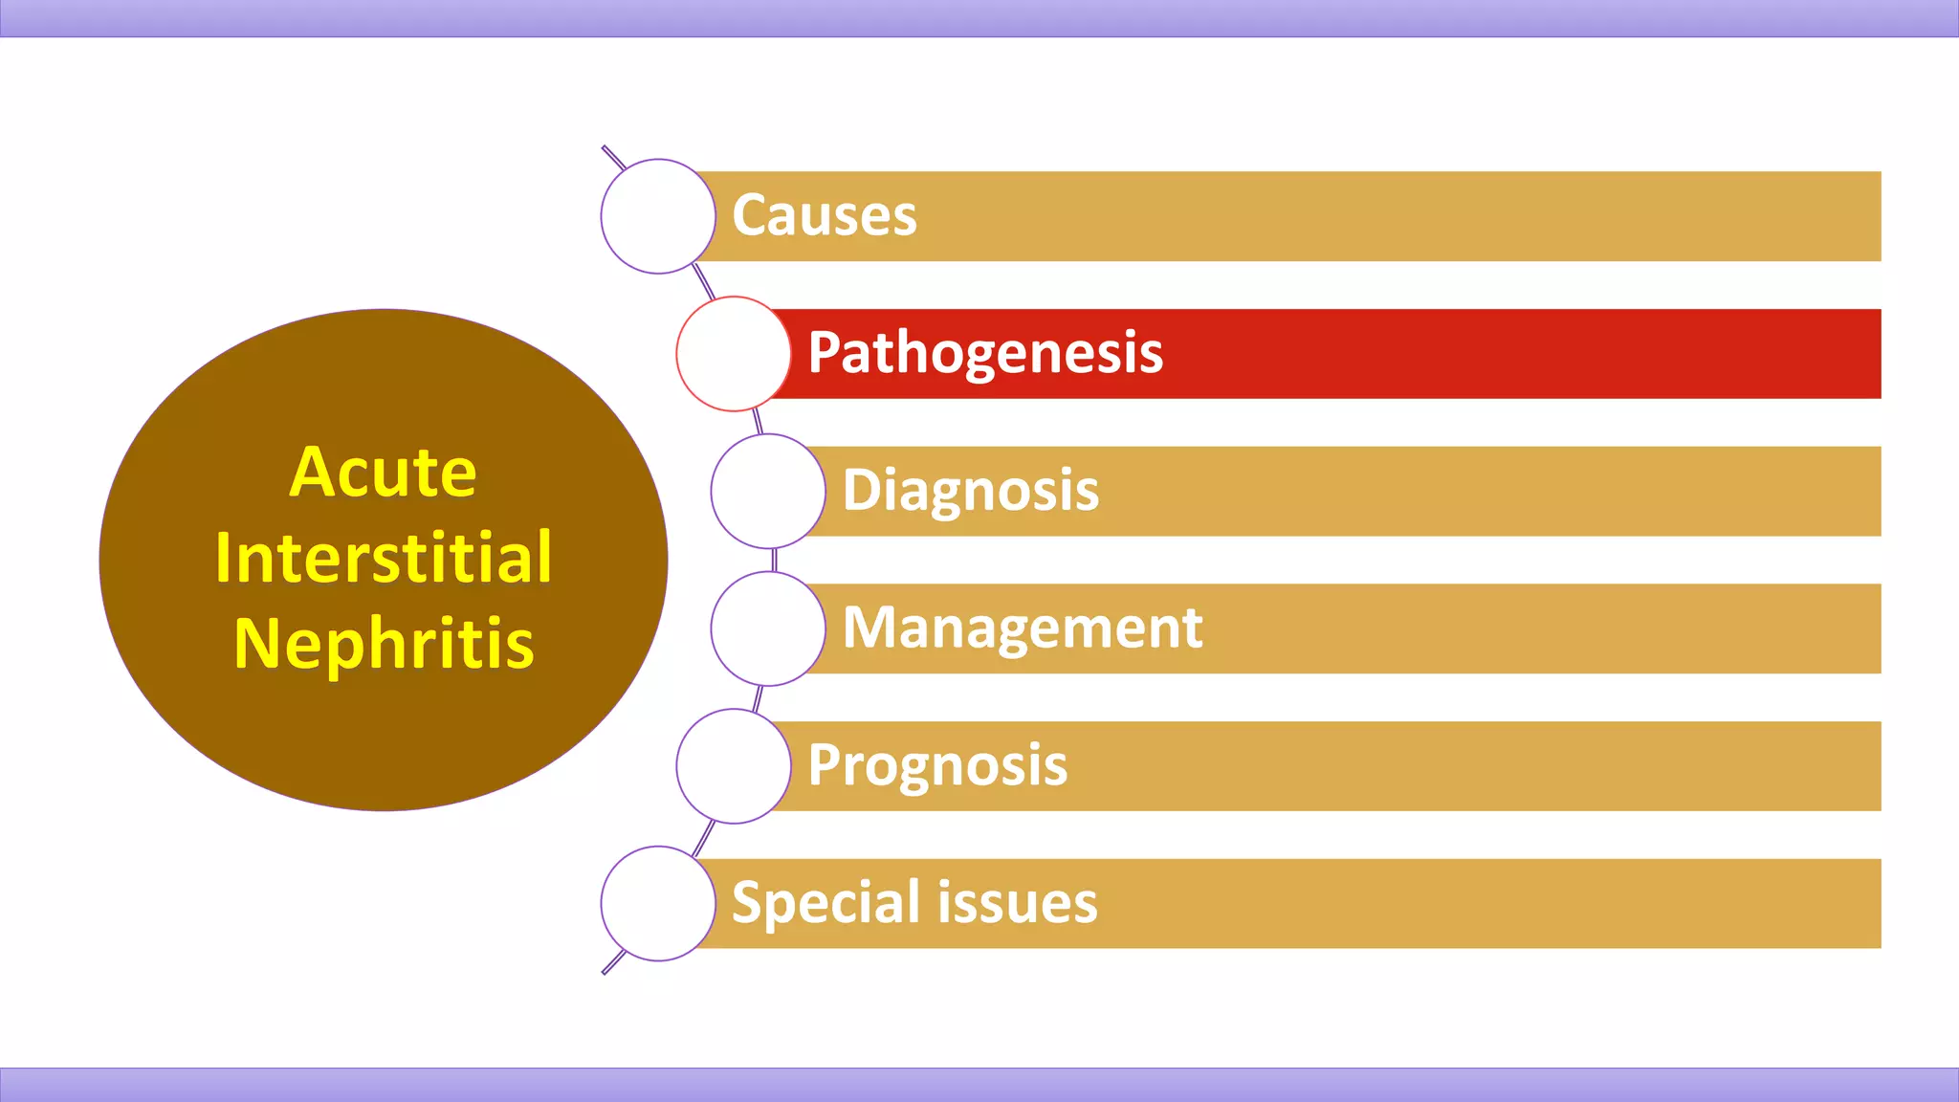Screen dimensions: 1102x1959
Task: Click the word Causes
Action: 824,215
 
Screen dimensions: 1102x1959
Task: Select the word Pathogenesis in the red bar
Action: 984,353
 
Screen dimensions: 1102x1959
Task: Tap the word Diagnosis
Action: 970,491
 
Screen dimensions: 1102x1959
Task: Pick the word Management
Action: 1022,628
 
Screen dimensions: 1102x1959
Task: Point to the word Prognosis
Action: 936,765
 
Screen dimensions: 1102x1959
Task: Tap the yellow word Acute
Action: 383,473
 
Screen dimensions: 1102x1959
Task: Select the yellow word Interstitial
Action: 383,558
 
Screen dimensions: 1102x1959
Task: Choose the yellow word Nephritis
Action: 383,644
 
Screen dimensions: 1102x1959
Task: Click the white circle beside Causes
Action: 658,216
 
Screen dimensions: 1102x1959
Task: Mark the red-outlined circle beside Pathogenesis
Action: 734,354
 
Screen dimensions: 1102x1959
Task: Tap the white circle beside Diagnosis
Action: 768,491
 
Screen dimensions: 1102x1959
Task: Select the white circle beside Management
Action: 768,628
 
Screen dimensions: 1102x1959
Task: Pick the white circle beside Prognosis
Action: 734,766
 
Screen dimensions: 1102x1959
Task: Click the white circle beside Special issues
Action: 658,903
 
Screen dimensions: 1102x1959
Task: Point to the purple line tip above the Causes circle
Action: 606,150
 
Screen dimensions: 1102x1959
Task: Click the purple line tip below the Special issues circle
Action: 606,970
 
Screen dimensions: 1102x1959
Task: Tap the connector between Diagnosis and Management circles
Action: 774,560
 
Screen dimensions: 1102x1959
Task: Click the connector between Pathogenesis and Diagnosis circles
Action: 758,422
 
